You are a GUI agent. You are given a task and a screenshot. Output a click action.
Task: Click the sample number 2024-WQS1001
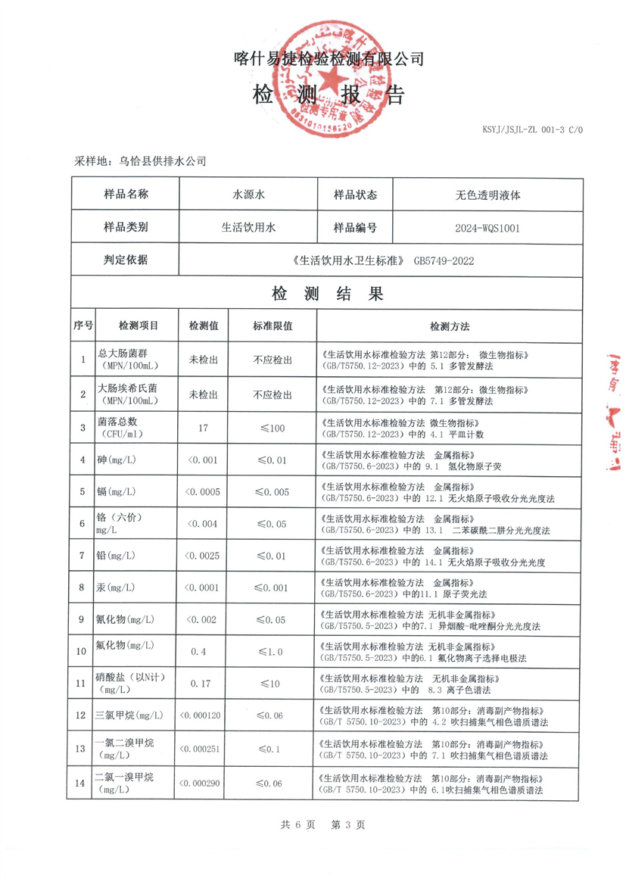(x=487, y=227)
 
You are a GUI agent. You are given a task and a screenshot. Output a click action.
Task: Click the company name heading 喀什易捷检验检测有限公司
(x=329, y=59)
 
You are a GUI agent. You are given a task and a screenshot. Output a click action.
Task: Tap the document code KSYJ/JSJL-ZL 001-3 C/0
(x=533, y=130)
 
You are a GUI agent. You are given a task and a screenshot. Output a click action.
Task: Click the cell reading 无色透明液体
(x=487, y=195)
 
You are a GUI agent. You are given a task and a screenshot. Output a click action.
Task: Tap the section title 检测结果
(x=328, y=294)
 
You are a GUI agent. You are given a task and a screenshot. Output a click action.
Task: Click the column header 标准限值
(x=273, y=326)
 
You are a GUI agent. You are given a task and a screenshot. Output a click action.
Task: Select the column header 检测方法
(x=450, y=326)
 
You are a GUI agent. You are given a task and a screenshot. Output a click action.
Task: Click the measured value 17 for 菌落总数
(x=203, y=428)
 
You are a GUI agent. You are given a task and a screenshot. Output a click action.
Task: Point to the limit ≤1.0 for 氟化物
(x=272, y=652)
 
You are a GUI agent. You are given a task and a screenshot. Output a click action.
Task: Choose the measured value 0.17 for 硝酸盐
(x=202, y=684)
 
